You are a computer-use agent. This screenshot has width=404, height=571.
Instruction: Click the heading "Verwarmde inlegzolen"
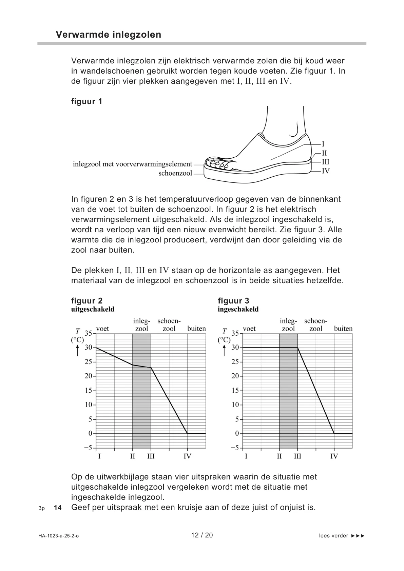pyautogui.click(x=108, y=35)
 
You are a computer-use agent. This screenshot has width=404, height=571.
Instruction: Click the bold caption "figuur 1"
pyautogui.click(x=86, y=101)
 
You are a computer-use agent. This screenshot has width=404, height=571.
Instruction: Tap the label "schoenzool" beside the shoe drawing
pyautogui.click(x=175, y=174)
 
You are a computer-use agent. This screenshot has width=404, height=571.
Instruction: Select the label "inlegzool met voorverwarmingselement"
pyautogui.click(x=132, y=164)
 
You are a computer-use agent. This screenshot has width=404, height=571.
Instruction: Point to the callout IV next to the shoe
pyautogui.click(x=325, y=171)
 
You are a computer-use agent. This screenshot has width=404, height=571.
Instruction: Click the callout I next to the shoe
pyautogui.click(x=323, y=144)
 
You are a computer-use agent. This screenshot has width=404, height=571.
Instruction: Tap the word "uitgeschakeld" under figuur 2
pyautogui.click(x=93, y=309)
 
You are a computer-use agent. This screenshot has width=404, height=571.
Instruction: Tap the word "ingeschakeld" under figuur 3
pyautogui.click(x=238, y=309)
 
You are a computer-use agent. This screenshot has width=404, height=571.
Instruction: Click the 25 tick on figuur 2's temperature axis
pyautogui.click(x=88, y=362)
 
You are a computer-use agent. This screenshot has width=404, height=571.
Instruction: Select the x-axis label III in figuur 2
pyautogui.click(x=151, y=456)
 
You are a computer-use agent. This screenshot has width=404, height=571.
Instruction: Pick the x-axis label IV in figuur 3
pyautogui.click(x=334, y=456)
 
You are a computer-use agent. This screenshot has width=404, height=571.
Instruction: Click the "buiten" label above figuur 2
pyautogui.click(x=196, y=329)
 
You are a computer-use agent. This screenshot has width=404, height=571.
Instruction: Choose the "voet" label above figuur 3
pyautogui.click(x=249, y=329)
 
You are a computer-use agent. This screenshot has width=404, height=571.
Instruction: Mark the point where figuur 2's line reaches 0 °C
pyautogui.click(x=187, y=434)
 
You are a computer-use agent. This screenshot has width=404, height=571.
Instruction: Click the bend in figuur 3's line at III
pyautogui.click(x=297, y=348)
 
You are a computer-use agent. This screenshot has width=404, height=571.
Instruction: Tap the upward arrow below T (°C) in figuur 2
pyautogui.click(x=77, y=351)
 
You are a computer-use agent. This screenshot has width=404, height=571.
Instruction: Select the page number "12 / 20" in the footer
pyautogui.click(x=202, y=535)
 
